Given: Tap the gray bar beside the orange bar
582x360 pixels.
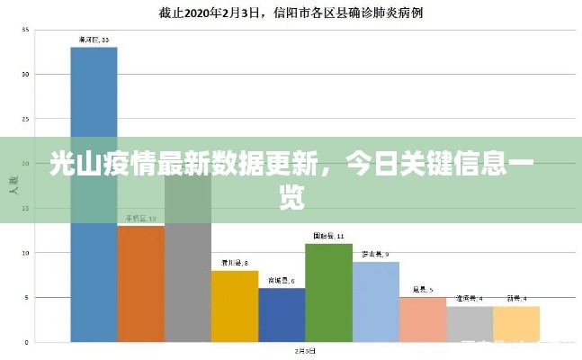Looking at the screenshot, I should click(x=188, y=270).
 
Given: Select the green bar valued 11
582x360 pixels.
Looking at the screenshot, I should click(x=328, y=292).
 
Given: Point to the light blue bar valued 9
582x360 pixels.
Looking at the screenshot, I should click(x=376, y=301).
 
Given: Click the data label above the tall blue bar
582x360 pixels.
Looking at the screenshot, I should click(x=94, y=40).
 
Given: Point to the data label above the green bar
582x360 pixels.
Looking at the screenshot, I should click(x=328, y=237).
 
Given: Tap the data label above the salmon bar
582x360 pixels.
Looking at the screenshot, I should click(x=423, y=290).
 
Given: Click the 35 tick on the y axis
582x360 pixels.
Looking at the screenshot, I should click(x=25, y=31).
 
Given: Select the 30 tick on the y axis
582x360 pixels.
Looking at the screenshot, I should click(x=25, y=75).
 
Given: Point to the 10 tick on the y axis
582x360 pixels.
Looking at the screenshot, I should click(x=25, y=253).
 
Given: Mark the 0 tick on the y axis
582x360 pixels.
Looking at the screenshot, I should click(x=26, y=342).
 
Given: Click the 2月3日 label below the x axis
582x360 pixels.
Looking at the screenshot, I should click(x=305, y=350).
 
